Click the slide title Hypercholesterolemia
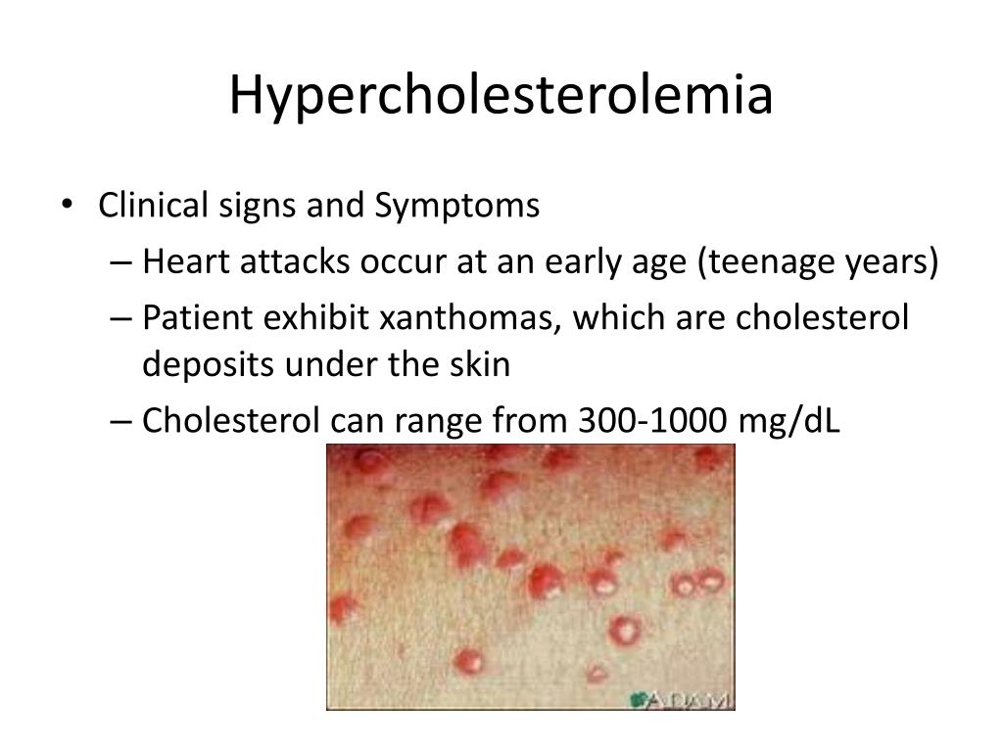point(501,96)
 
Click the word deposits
point(210,365)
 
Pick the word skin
point(480,364)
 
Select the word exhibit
point(313,318)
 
